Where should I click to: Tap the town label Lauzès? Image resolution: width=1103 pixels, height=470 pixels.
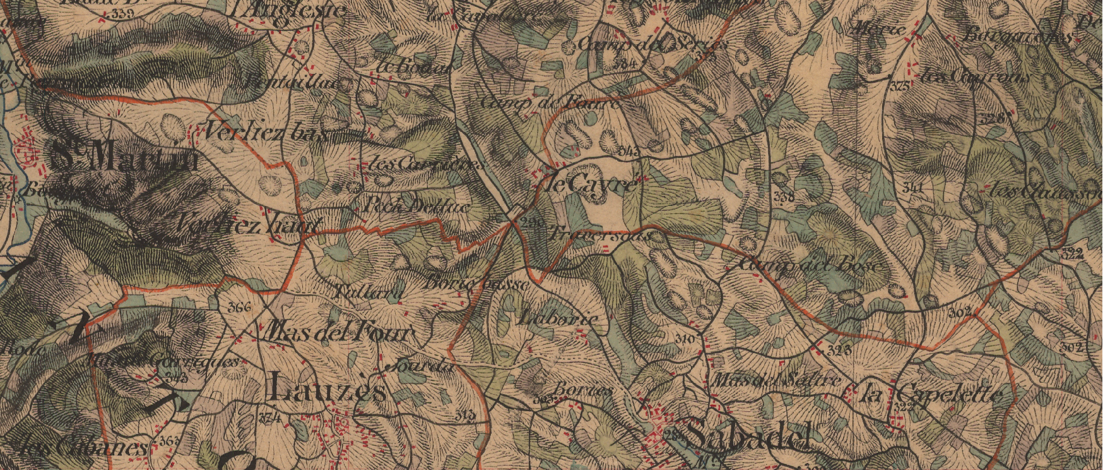coord(327,387)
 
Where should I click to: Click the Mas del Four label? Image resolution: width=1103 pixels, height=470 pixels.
coord(339,332)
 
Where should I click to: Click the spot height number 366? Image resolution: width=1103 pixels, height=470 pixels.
coord(239,308)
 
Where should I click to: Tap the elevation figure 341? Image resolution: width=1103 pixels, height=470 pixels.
coord(912,187)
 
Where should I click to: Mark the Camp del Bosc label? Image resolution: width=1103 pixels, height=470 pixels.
coord(811,265)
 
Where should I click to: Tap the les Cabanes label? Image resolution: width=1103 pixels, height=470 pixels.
coord(82,447)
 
